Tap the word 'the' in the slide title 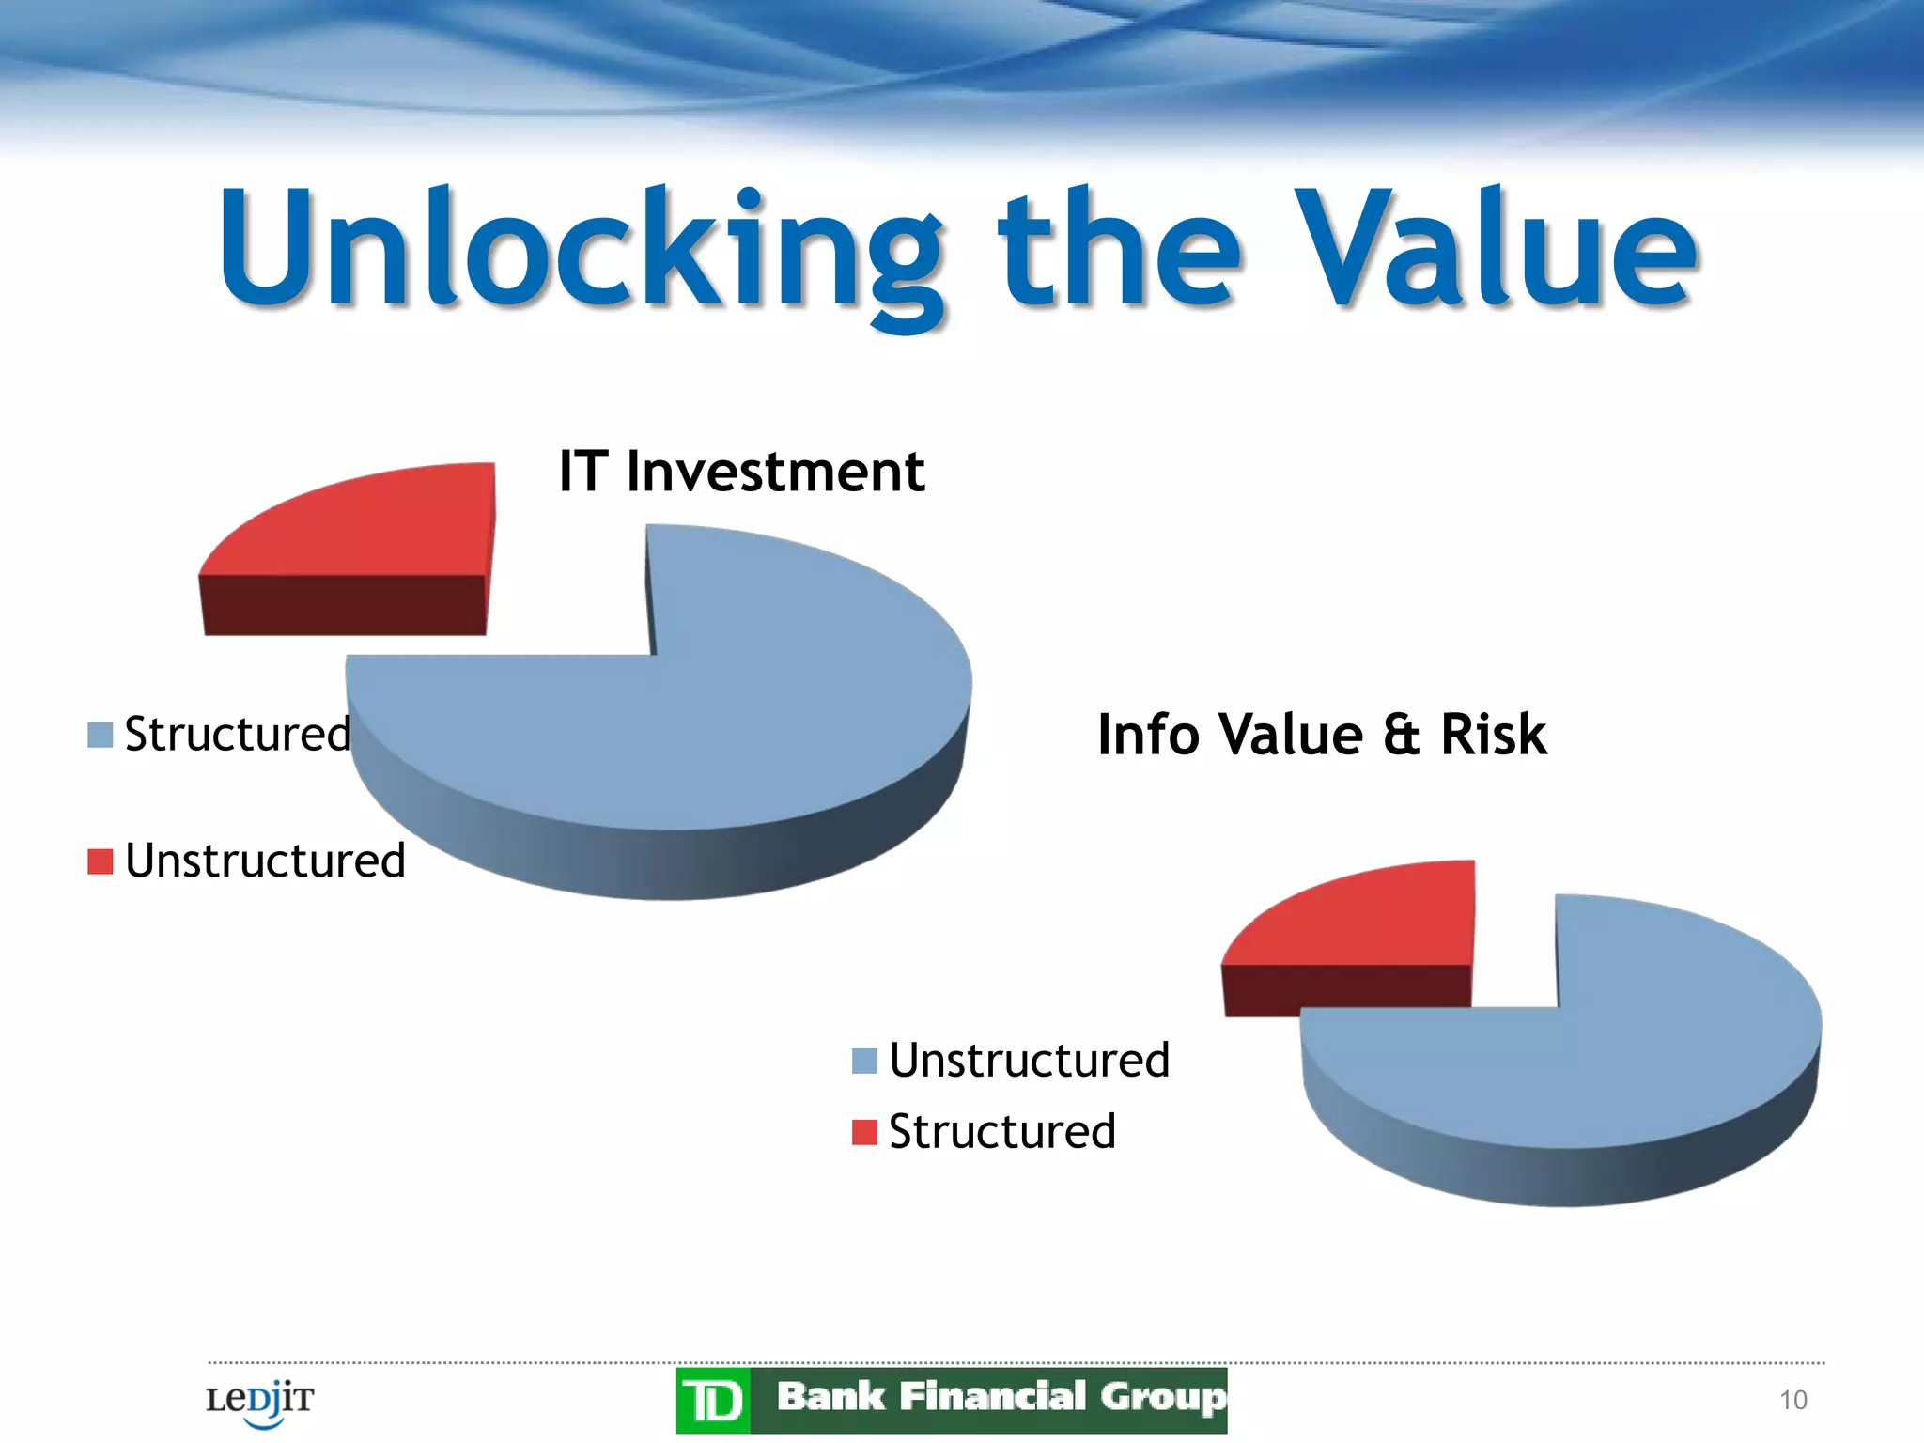[1118, 249]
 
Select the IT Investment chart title [741, 471]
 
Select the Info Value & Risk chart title [1321, 734]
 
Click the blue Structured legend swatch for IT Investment [101, 735]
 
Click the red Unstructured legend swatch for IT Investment [101, 861]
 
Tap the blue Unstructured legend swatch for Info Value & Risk [864, 1061]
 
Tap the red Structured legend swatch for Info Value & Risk [864, 1132]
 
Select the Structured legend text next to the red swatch [1002, 1131]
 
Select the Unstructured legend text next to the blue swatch [1030, 1060]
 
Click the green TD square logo [713, 1401]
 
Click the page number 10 [1792, 1400]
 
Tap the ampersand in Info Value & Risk [1401, 735]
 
